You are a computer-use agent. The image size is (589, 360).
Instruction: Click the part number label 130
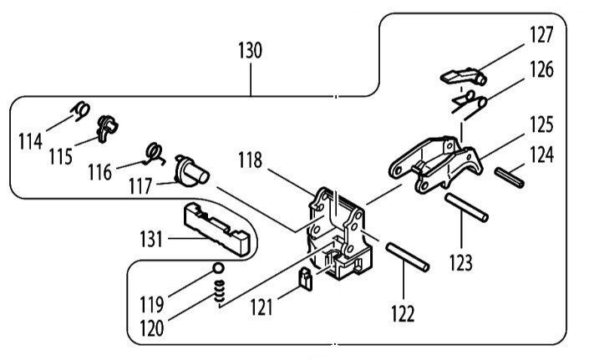[x=250, y=51]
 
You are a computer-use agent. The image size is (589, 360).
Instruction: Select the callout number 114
[x=30, y=142]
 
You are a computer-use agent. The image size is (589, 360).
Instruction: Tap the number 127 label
[x=541, y=34]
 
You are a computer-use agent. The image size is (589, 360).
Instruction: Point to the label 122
[x=403, y=314]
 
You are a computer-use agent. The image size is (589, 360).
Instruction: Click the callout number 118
[x=250, y=160]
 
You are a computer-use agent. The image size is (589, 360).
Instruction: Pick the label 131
[x=151, y=239]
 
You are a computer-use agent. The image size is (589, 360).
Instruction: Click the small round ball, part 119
[x=218, y=268]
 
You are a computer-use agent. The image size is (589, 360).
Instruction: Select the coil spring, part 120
[x=220, y=291]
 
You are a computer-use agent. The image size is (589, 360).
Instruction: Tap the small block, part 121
[x=306, y=279]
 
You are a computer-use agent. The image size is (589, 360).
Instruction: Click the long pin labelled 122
[x=407, y=256]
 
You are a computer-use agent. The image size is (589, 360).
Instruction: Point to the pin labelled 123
[x=466, y=208]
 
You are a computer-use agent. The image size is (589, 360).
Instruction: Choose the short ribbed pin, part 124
[x=509, y=178]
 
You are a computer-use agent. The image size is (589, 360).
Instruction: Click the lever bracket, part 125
[x=436, y=165]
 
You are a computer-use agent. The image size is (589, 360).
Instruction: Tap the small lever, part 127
[x=464, y=76]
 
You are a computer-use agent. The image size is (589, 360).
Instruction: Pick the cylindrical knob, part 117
[x=191, y=170]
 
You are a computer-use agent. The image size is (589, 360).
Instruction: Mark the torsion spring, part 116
[x=155, y=153]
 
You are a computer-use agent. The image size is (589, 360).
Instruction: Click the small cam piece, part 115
[x=107, y=129]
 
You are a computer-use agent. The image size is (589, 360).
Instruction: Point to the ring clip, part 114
[x=81, y=111]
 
